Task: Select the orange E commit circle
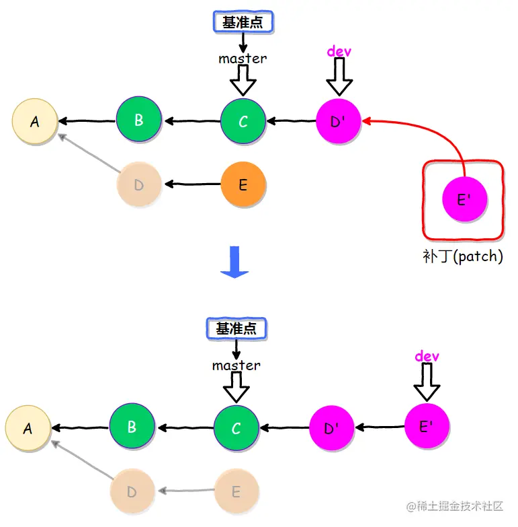(243, 184)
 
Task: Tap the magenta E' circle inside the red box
(464, 199)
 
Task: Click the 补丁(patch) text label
(463, 256)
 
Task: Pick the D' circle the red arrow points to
(338, 122)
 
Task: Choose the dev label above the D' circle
(339, 51)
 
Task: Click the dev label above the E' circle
(427, 356)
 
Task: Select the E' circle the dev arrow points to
(427, 426)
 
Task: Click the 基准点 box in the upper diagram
(243, 22)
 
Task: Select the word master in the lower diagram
(236, 365)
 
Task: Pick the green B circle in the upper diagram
(138, 120)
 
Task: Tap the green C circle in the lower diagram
(236, 428)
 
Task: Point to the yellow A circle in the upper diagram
(34, 122)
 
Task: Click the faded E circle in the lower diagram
(236, 492)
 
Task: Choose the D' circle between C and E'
(331, 428)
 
